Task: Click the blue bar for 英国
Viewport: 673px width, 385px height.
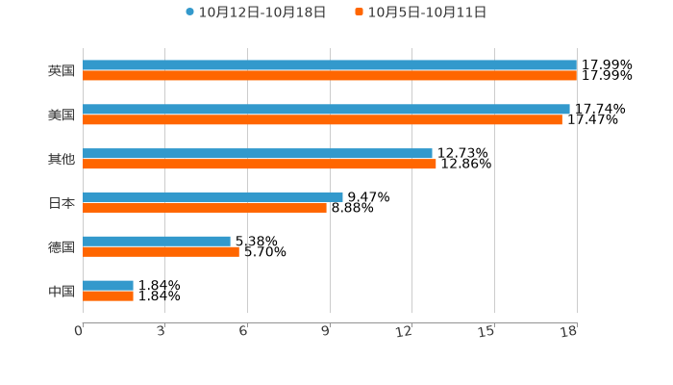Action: [x=330, y=65]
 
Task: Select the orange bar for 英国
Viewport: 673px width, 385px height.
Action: [x=330, y=76]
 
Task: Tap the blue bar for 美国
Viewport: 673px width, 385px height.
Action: [x=326, y=110]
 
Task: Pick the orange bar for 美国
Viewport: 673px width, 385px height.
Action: [x=322, y=120]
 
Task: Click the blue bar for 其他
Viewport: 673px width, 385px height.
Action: [x=258, y=153]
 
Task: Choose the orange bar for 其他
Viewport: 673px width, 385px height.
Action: [x=260, y=164]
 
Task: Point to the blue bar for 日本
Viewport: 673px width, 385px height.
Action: [x=212, y=196]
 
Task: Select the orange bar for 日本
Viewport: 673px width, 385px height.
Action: [x=205, y=207]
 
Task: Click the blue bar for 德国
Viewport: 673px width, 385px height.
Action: [x=157, y=241]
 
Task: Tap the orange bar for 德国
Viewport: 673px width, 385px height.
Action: [x=161, y=251]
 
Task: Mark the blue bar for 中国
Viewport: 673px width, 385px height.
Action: [x=108, y=285]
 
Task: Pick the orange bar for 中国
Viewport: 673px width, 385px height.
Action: [x=108, y=295]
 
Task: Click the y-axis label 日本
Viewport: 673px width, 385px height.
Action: [x=62, y=203]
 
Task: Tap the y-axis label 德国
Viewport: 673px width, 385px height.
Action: [x=62, y=247]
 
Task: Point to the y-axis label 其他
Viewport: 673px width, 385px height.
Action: [x=62, y=159]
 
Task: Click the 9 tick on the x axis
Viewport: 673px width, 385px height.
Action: [x=327, y=332]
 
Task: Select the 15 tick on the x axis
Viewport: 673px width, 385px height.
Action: [x=487, y=332]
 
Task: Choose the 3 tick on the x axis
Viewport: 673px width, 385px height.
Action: [x=162, y=332]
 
